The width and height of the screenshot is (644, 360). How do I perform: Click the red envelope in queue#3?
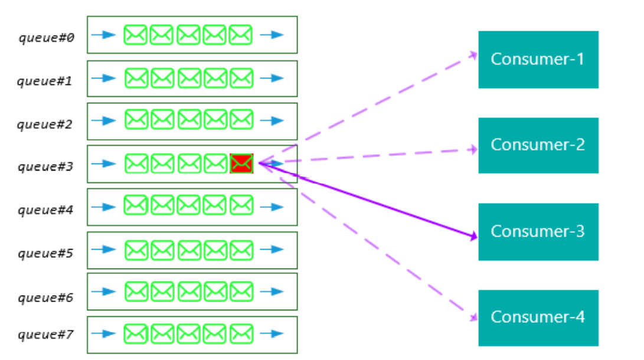(x=241, y=163)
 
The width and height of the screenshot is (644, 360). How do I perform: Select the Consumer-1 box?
(x=538, y=60)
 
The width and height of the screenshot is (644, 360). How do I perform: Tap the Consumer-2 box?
(x=538, y=145)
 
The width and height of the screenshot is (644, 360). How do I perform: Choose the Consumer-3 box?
(x=538, y=231)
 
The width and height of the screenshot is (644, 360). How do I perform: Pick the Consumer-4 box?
(x=538, y=318)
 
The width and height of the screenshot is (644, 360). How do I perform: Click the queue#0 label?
(x=46, y=38)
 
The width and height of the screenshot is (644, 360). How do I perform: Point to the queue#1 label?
(x=45, y=81)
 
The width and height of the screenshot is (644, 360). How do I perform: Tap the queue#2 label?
(x=45, y=125)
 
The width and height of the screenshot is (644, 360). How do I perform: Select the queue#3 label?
(x=45, y=167)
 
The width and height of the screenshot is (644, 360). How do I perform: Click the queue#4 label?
(x=45, y=210)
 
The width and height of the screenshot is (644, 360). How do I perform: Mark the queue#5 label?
(x=45, y=254)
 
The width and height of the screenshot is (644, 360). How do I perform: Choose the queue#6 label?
(x=45, y=297)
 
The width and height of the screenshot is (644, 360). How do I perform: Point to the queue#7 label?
(x=45, y=335)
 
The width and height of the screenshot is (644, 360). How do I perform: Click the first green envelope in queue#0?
(x=135, y=35)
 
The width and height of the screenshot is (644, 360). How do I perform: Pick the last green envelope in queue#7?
(x=241, y=335)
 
